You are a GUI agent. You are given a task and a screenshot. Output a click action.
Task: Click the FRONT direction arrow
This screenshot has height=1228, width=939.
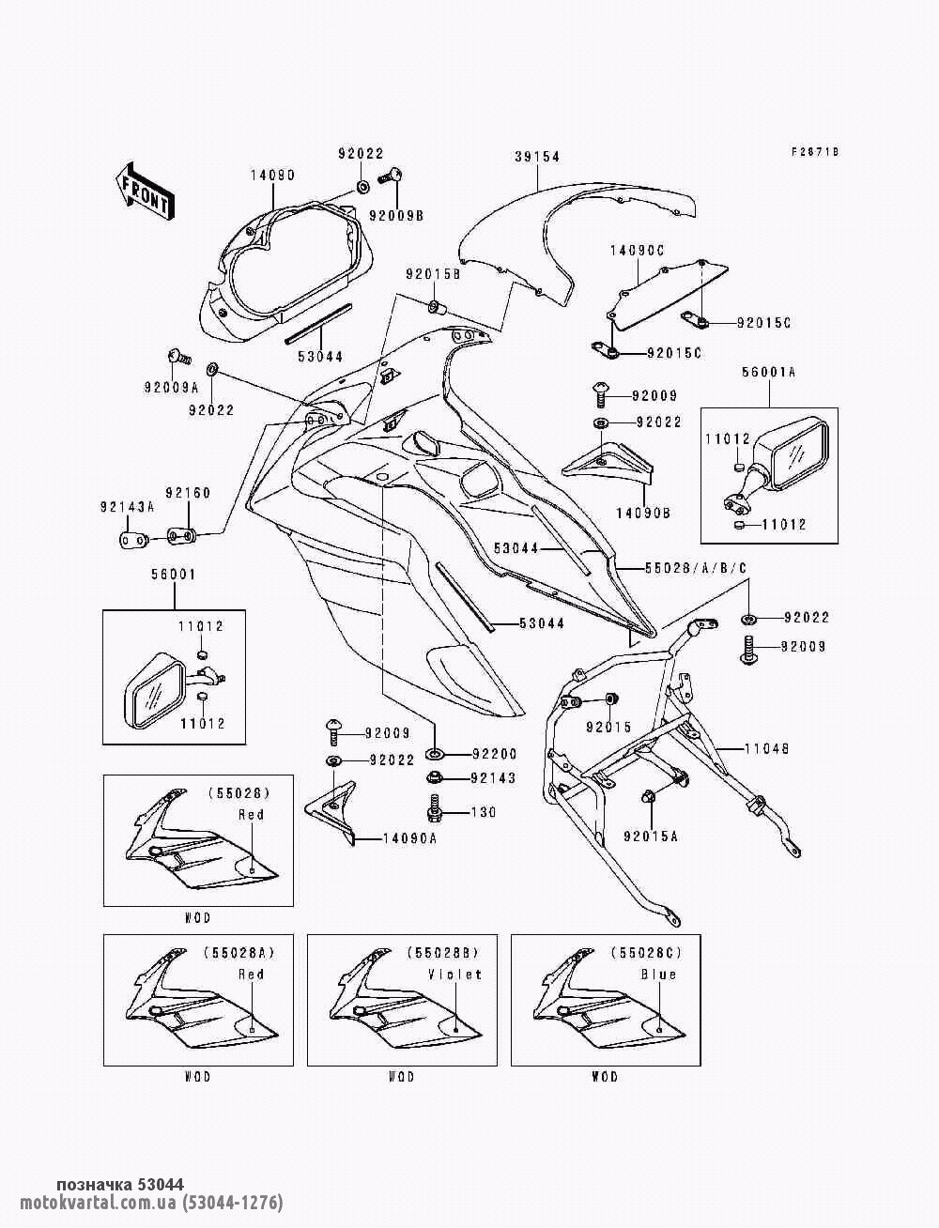(x=145, y=192)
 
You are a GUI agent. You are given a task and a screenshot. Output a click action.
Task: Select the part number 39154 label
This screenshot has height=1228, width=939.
(x=537, y=157)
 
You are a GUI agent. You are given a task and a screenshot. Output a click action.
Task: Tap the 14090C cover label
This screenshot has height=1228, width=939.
(x=637, y=251)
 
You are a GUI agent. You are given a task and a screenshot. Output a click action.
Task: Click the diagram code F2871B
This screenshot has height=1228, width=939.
(x=815, y=151)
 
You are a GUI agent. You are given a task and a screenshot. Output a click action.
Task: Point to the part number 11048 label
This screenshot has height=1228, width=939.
(x=766, y=748)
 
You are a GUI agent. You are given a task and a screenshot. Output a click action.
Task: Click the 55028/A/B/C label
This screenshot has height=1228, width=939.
(x=696, y=568)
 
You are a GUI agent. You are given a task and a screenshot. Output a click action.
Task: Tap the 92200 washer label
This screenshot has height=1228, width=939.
(x=494, y=754)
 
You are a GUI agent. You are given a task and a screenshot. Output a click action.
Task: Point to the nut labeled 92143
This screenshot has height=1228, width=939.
(x=434, y=777)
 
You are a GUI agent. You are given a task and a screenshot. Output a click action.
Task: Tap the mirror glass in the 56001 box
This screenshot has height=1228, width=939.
(x=155, y=695)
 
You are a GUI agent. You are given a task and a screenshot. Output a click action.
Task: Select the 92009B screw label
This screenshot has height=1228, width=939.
(x=397, y=216)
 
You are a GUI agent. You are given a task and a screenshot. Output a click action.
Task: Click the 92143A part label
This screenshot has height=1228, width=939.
(x=127, y=507)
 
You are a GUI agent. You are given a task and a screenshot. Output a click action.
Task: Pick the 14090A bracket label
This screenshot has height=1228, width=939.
(x=410, y=838)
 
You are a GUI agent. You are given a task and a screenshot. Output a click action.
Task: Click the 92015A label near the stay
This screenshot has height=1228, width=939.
(x=651, y=836)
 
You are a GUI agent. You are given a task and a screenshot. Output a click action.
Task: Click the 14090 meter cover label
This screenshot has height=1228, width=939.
(x=272, y=176)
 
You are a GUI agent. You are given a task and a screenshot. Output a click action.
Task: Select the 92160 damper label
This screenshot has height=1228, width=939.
(x=188, y=493)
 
